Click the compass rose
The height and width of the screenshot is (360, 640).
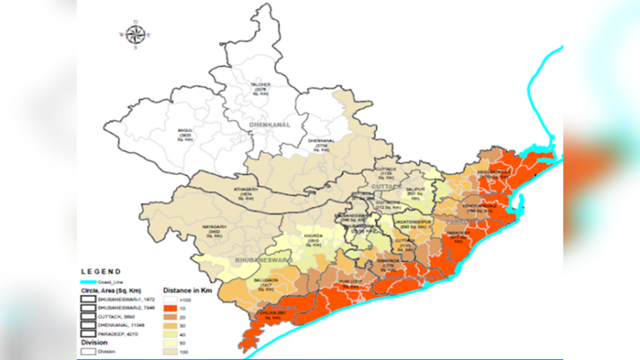pyautogui.click(x=136, y=34)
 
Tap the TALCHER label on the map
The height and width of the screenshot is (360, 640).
pyautogui.click(x=261, y=87)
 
